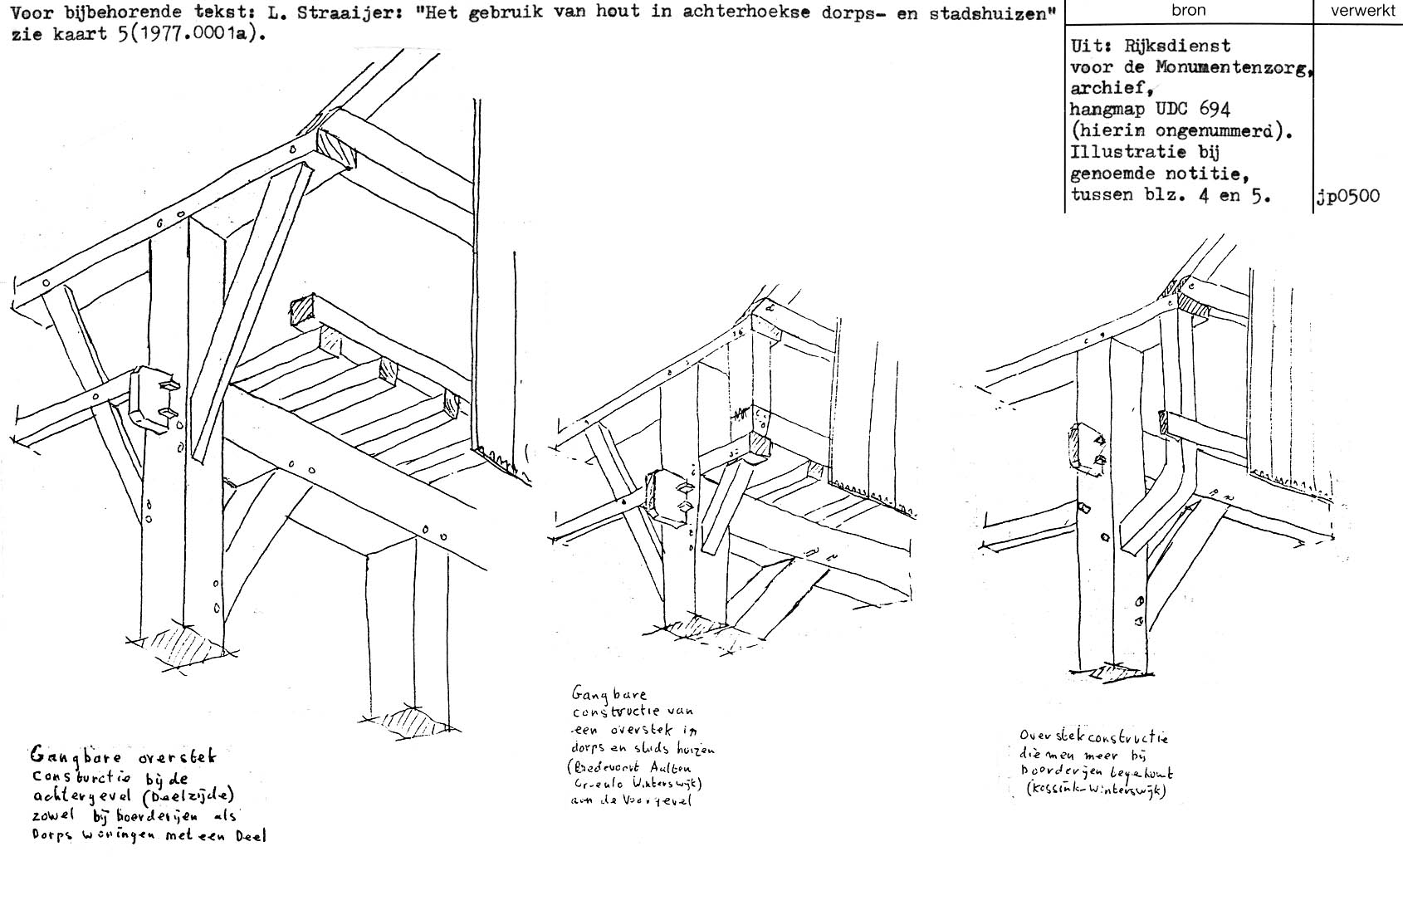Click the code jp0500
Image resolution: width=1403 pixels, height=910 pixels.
coord(1347,196)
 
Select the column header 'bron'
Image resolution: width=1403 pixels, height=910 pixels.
coord(1188,11)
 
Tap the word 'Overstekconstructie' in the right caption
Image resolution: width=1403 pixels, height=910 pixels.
coord(1095,736)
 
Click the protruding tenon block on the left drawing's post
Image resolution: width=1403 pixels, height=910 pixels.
coord(155,398)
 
